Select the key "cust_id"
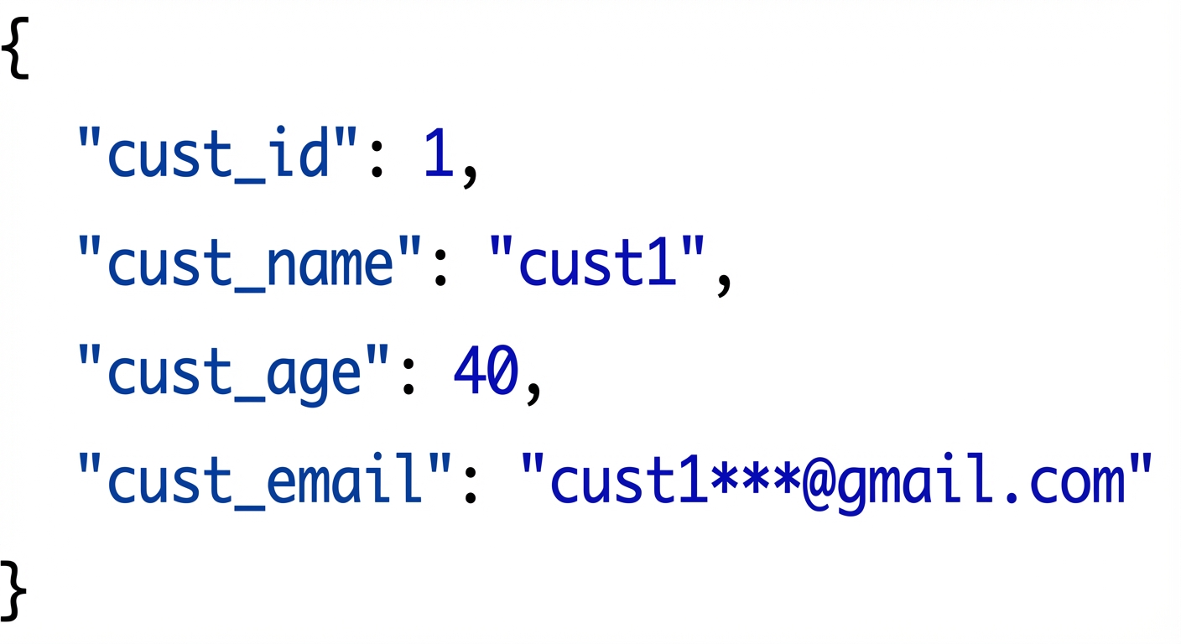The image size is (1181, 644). (216, 153)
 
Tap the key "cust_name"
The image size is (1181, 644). (249, 262)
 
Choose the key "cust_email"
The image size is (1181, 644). (265, 478)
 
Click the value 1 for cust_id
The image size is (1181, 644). (438, 153)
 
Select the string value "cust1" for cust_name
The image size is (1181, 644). (597, 262)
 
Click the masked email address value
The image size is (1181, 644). (837, 478)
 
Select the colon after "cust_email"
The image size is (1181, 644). (470, 484)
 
